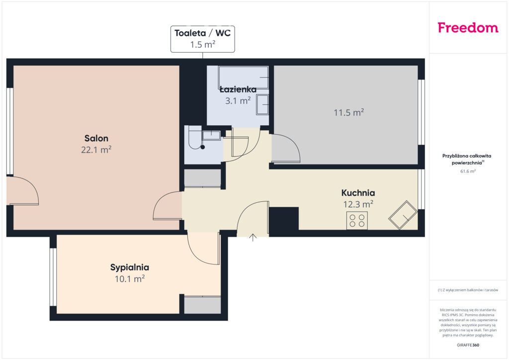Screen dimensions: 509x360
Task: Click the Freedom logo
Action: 468,27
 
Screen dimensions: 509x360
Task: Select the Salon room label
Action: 96,138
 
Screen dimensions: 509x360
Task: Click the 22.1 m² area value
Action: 96,150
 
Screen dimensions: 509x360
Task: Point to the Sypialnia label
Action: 130,268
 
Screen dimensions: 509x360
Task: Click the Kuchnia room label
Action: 358,193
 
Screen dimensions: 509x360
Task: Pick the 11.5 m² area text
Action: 348,112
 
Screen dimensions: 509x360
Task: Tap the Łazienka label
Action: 238,90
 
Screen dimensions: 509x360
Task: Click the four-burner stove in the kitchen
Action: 357,220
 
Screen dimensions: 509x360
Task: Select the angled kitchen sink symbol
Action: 403,215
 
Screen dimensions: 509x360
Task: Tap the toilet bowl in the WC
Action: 195,138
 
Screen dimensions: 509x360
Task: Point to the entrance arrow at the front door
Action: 253,237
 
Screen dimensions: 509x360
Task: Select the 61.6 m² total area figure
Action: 468,171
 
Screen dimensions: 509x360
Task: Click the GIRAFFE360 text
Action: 468,345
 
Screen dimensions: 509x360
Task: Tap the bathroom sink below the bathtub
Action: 262,104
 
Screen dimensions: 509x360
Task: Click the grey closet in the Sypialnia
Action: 203,305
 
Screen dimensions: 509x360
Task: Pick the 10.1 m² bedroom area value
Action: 130,279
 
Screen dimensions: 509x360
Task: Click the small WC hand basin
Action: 211,135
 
